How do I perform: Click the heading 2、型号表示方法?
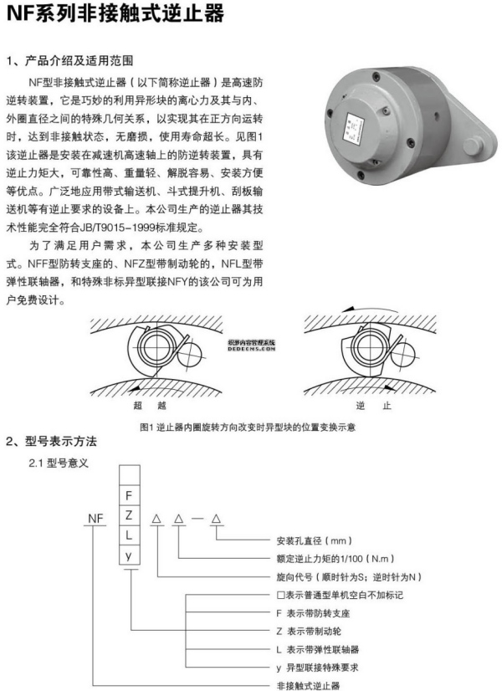point(52,441)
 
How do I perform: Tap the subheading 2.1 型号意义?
point(64,461)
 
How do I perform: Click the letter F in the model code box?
point(129,495)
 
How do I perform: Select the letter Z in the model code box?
point(129,514)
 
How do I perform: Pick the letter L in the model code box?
point(129,534)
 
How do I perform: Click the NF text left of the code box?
point(95,519)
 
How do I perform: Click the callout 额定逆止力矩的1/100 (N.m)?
point(336,558)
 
